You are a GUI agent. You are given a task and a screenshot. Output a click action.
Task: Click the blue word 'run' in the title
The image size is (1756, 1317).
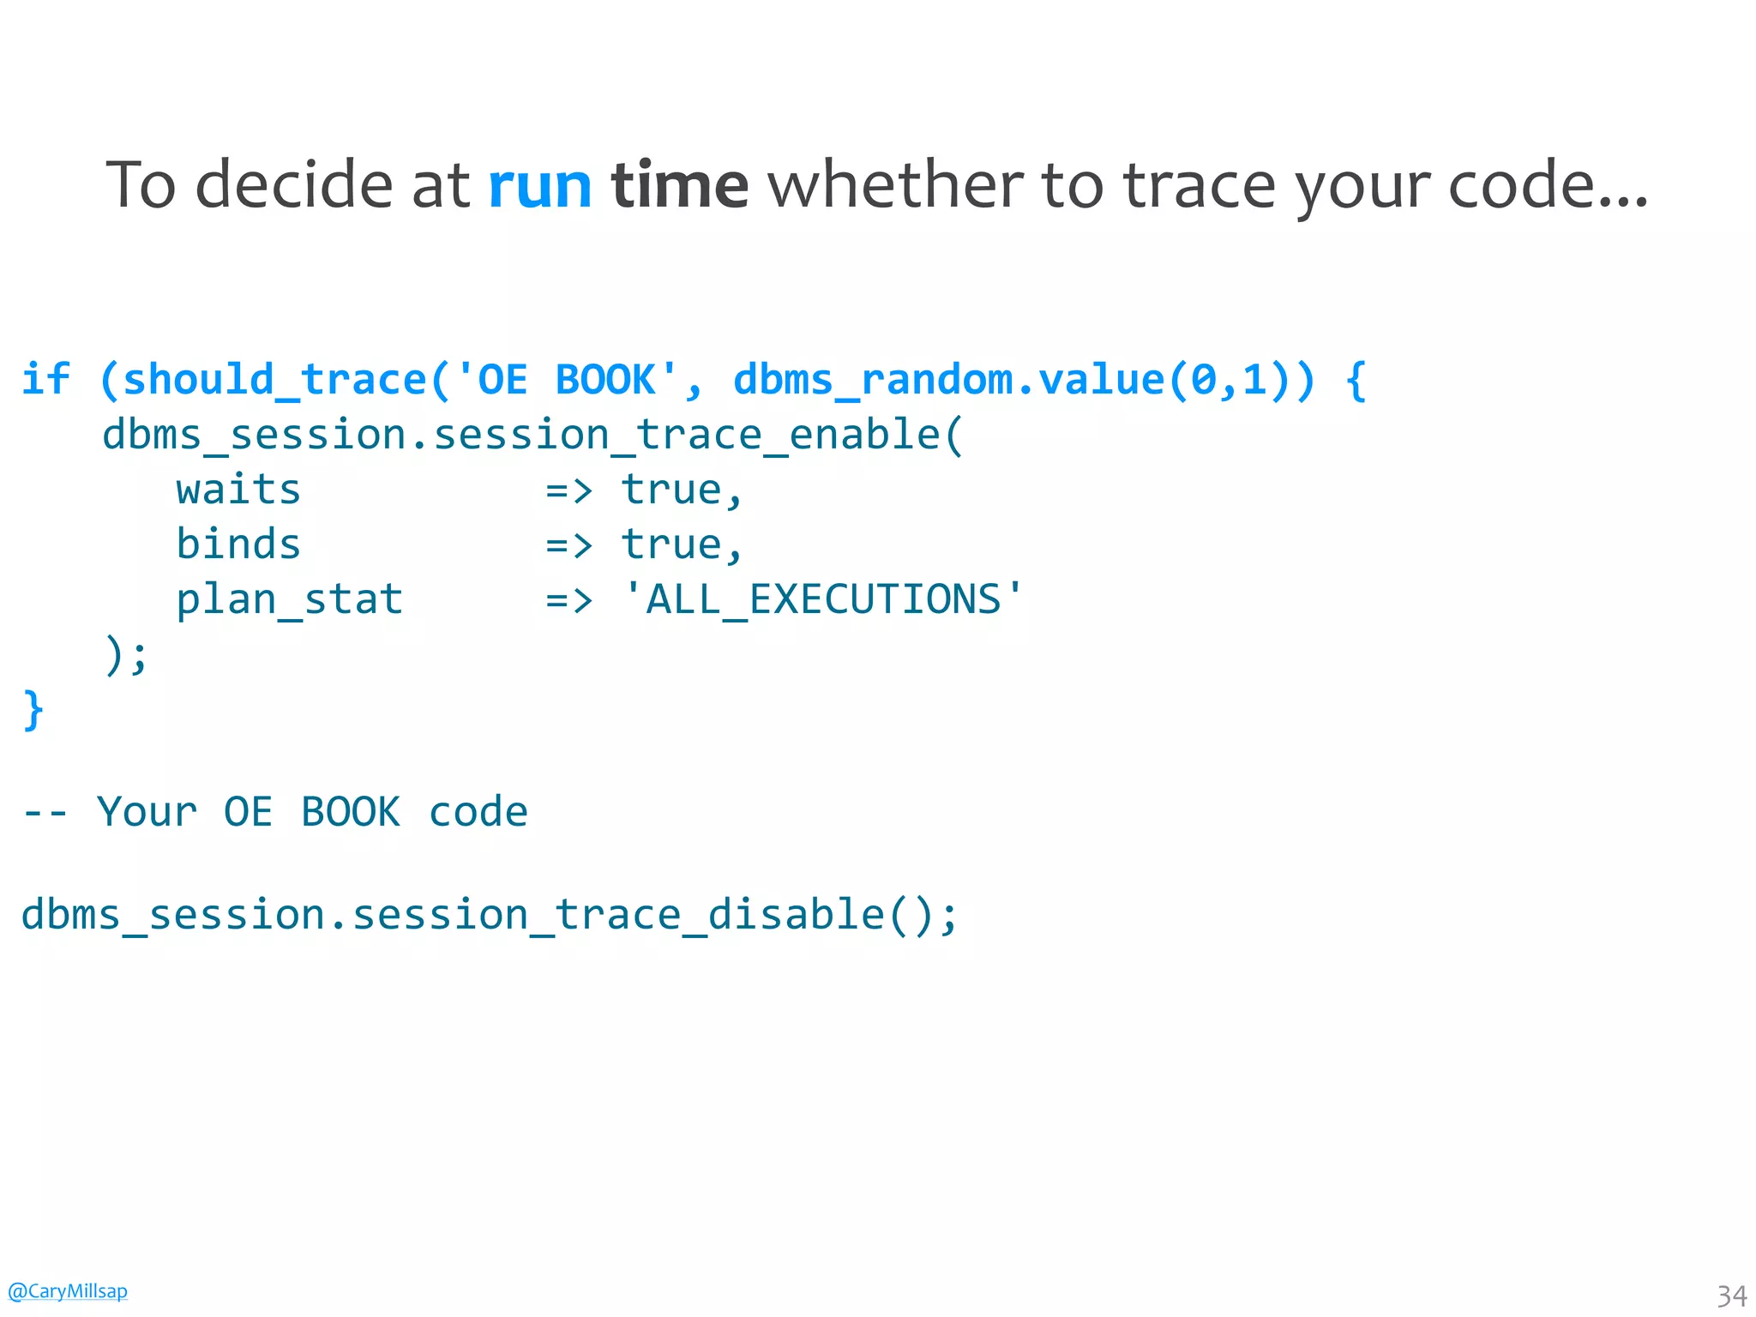coord(539,185)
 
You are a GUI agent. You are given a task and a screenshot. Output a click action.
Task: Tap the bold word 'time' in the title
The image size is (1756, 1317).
coord(679,185)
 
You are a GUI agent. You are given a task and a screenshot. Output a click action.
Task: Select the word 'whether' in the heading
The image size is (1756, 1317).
coord(894,185)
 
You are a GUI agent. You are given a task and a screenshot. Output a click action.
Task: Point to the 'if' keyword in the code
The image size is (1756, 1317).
coord(45,379)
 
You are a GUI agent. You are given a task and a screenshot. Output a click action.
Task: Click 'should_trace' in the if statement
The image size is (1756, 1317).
coord(274,379)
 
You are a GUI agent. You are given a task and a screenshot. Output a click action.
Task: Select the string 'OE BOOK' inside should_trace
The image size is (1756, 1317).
coord(567,379)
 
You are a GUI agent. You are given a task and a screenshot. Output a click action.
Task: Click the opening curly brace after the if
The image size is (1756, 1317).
coord(1356,379)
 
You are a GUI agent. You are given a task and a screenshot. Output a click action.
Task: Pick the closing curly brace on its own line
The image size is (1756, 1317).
coord(33,710)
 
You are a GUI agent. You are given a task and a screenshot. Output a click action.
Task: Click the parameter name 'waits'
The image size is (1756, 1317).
coord(238,490)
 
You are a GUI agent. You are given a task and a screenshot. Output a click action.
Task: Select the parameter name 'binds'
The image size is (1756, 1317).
coord(238,544)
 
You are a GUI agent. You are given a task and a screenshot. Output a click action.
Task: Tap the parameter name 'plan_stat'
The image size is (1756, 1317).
coord(289,599)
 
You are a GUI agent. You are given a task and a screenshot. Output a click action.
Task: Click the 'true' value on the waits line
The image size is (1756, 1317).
coord(671,490)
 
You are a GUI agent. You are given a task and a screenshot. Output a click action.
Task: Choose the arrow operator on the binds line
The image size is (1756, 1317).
coord(568,545)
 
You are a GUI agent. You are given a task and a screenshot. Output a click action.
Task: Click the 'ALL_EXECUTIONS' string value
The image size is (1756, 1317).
coord(823,599)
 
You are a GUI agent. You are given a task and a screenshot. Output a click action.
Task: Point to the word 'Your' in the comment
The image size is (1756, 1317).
coord(147,811)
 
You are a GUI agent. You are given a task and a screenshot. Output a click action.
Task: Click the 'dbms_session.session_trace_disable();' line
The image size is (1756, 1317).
coord(489,914)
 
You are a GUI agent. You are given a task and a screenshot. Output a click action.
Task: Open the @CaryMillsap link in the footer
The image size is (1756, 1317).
coord(68,1290)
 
